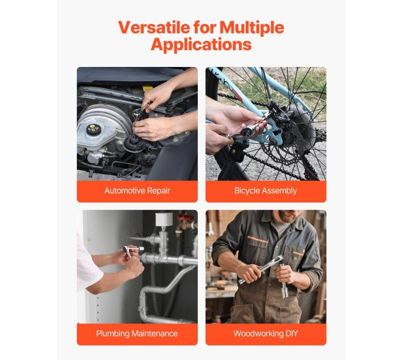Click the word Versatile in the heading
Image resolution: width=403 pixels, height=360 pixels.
click(154, 27)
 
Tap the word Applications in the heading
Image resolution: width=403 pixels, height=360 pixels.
click(201, 45)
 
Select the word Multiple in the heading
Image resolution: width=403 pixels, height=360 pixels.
click(252, 27)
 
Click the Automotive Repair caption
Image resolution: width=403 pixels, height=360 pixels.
click(137, 190)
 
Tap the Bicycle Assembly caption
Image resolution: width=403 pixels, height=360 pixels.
click(265, 190)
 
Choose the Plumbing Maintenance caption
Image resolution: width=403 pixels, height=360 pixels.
click(137, 333)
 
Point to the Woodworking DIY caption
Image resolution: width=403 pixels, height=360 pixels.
click(265, 333)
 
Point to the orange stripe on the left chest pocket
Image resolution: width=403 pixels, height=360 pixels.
click(258, 240)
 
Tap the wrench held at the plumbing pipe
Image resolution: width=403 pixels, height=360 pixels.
click(132, 250)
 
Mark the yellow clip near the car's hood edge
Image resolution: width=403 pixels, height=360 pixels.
click(148, 88)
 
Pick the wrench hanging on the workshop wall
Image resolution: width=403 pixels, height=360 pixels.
click(211, 230)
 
